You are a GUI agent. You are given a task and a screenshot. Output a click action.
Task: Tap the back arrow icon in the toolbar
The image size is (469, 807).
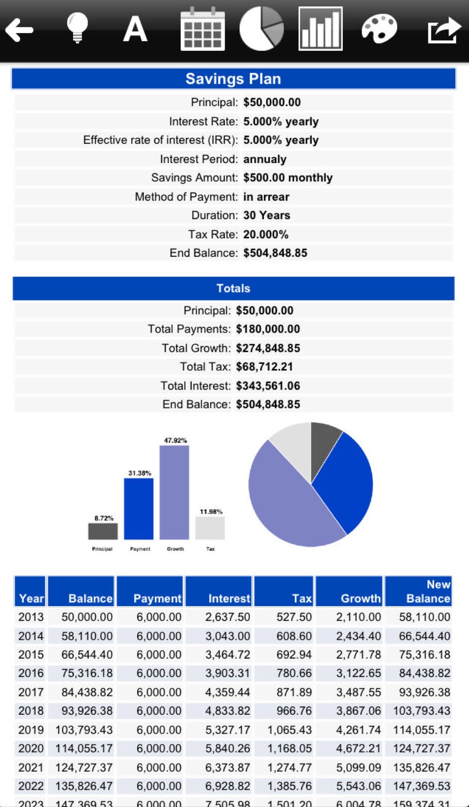pyautogui.click(x=19, y=29)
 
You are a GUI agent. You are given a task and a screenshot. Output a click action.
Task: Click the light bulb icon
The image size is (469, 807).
pyautogui.click(x=77, y=28)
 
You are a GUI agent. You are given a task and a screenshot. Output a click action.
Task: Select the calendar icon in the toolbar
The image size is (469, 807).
pyautogui.click(x=203, y=29)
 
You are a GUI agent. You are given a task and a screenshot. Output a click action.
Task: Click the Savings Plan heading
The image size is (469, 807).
pyautogui.click(x=233, y=79)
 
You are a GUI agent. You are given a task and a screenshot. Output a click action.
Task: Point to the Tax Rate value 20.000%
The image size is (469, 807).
pyautogui.click(x=266, y=234)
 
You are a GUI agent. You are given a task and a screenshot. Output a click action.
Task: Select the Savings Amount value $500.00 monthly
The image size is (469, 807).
pyautogui.click(x=288, y=178)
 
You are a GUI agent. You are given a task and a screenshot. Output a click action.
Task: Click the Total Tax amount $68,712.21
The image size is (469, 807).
pyautogui.click(x=264, y=367)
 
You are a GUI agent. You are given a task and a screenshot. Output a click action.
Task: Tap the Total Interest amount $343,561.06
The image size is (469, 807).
pyautogui.click(x=268, y=386)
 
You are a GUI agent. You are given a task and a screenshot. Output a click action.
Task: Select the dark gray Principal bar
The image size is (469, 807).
pyautogui.click(x=103, y=531)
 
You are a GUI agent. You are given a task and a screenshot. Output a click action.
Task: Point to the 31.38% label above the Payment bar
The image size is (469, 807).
pyautogui.click(x=140, y=473)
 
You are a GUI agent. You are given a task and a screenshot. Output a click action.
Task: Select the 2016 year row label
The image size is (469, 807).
pyautogui.click(x=31, y=673)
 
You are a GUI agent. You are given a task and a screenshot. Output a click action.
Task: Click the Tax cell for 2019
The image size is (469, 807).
pyautogui.click(x=289, y=730)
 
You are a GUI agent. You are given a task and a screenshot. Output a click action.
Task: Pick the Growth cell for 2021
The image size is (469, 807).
pyautogui.click(x=358, y=767)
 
